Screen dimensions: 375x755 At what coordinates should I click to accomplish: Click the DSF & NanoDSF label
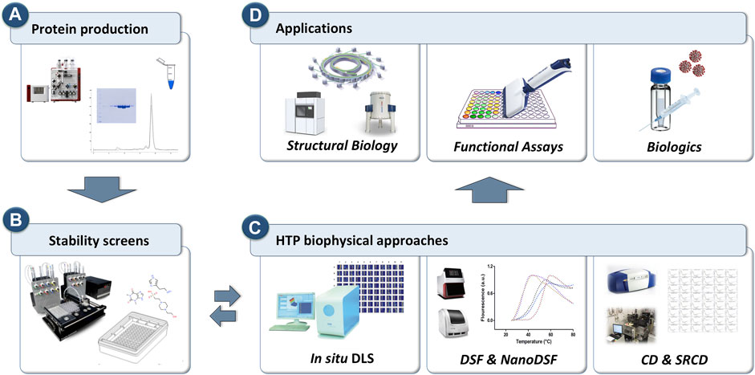[507, 353]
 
